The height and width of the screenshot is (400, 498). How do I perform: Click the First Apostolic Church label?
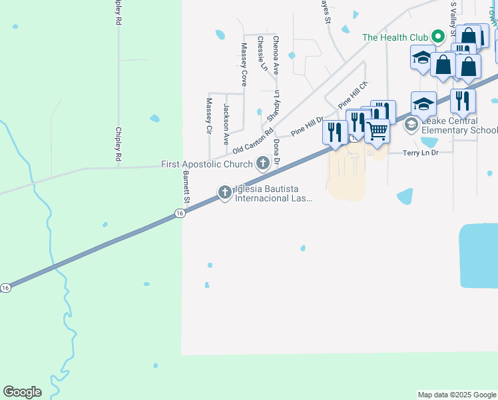(207, 164)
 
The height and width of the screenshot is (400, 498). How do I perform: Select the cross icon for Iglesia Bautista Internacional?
(225, 193)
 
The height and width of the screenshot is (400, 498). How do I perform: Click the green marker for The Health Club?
(437, 37)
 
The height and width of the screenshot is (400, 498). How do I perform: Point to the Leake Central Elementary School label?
(459, 125)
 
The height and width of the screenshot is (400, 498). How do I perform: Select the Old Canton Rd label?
(253, 143)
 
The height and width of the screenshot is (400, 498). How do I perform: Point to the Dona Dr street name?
(276, 153)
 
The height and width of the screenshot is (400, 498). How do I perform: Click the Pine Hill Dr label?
(306, 127)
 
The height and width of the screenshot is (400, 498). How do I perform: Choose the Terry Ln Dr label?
(421, 153)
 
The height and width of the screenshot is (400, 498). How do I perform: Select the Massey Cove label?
(244, 65)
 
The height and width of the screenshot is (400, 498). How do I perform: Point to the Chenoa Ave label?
(276, 55)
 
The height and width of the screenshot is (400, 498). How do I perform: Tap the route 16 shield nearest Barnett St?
(180, 213)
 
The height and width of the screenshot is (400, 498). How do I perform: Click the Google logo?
(22, 392)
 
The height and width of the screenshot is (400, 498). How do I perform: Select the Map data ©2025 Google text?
(457, 395)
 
